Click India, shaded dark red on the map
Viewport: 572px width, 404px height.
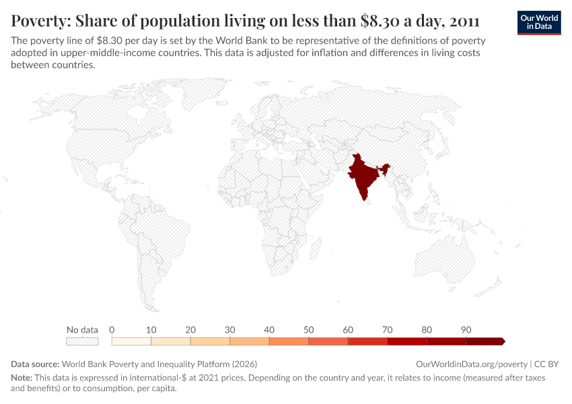coord(362,176)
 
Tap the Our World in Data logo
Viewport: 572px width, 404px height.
coord(538,22)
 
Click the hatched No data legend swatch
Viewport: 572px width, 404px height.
coord(82,341)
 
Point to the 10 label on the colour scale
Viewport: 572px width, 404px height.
coord(151,330)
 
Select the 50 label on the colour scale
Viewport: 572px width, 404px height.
coord(309,330)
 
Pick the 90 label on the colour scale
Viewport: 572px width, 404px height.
coord(466,330)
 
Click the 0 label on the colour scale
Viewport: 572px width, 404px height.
coord(112,330)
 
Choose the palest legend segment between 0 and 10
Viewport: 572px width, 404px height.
coord(131,341)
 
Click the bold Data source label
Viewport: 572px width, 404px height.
coord(35,364)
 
